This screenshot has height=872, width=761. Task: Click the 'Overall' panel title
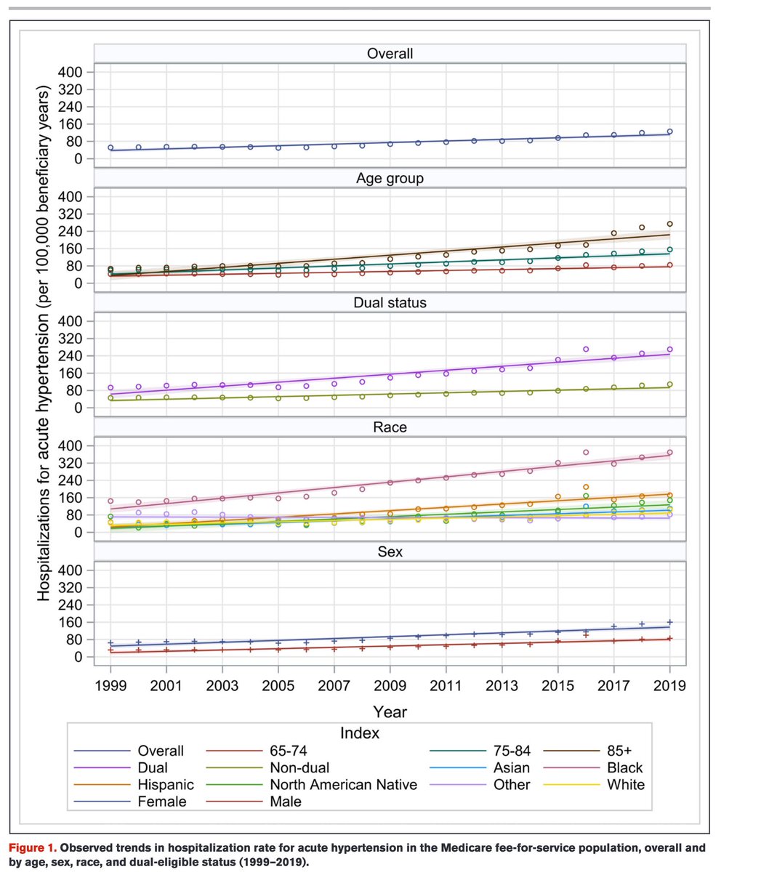390,53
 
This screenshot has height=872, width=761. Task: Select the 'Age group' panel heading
390,178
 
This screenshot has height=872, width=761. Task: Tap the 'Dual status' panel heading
390,302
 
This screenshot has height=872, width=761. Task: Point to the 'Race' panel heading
390,427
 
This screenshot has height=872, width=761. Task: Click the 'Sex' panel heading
390,552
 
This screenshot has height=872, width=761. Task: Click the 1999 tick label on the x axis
110,686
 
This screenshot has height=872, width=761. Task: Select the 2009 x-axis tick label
390,686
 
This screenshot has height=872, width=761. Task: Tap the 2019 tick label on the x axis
669,686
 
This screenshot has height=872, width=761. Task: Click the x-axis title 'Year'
390,711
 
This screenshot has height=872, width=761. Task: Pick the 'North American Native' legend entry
343,785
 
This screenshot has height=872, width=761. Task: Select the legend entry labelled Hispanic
165,785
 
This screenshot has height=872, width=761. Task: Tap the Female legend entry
161,802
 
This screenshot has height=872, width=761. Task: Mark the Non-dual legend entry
299,767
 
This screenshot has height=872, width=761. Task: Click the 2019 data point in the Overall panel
669,132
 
